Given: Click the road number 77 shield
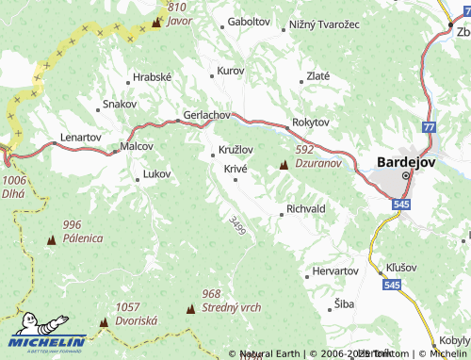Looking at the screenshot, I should [x=430, y=126].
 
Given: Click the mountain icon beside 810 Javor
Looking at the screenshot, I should [x=156, y=19].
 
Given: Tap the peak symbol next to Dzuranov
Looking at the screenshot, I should [x=284, y=166].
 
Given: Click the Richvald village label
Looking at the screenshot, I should [x=306, y=208].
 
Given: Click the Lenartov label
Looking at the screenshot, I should [x=80, y=137].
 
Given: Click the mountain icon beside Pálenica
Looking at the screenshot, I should [x=51, y=241].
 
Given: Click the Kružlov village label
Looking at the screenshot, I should [x=235, y=150].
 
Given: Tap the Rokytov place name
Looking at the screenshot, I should [x=311, y=122].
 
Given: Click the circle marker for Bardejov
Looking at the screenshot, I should [x=407, y=175].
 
